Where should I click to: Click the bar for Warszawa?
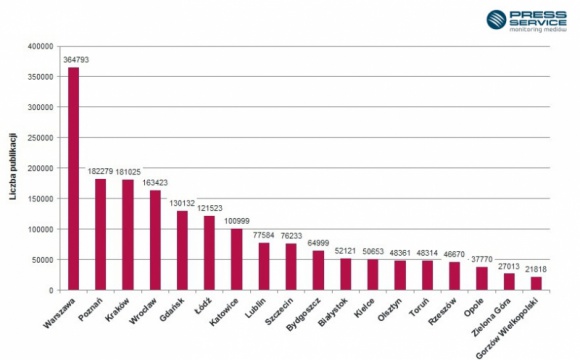[73, 179]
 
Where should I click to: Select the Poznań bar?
[100, 235]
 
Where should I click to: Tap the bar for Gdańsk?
[182, 251]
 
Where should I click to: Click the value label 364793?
[74, 59]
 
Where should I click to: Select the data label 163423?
[155, 183]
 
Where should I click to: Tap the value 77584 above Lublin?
[263, 235]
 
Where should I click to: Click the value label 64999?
[317, 243]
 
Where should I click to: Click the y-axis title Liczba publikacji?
[13, 166]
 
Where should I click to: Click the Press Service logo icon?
[497, 19]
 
